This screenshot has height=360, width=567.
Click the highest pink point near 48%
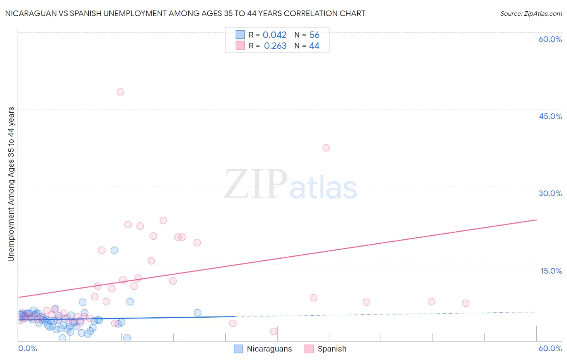120,92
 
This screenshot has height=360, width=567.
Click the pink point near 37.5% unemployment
326,148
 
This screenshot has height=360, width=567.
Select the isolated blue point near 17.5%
115,250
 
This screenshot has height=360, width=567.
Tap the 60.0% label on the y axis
550,39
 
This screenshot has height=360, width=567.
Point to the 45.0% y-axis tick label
550,116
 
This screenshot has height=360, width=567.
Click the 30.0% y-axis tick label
550,193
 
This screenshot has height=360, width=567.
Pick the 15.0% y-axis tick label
551,270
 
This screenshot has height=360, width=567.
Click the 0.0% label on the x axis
27,348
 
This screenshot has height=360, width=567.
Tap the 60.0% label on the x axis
550,348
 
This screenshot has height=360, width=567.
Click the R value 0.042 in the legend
274,35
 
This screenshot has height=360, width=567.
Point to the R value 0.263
275,46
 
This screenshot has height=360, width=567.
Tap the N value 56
314,35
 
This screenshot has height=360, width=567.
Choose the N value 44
314,46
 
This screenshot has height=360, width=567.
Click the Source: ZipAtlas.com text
531,14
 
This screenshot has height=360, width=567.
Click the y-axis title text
11,184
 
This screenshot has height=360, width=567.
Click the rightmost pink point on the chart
465,303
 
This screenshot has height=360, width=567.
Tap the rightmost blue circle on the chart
197,313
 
